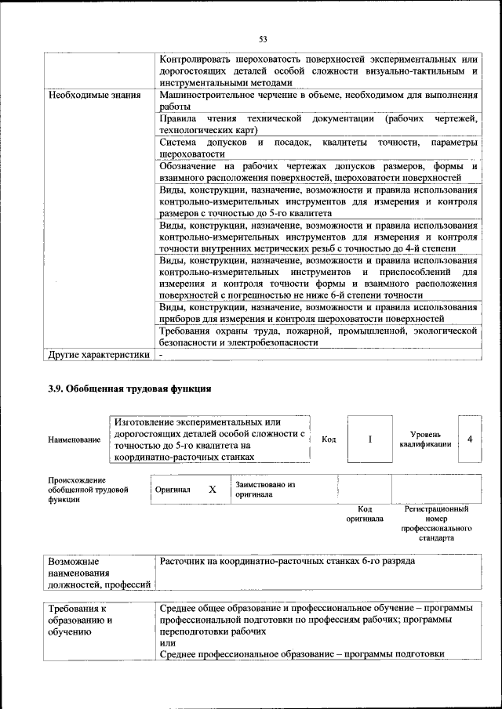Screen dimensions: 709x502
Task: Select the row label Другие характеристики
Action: [x=98, y=354]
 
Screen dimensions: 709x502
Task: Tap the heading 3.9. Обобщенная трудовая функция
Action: [x=129, y=388]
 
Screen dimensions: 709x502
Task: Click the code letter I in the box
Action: [x=369, y=439]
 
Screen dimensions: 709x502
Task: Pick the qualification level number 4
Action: [x=469, y=439]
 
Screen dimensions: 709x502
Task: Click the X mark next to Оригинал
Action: [x=212, y=489]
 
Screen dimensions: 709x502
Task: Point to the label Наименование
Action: [x=74, y=440]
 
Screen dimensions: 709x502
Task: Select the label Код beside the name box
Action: [x=329, y=440]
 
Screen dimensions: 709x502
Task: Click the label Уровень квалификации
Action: [x=431, y=439]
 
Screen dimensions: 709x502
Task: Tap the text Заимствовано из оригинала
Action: [x=264, y=490]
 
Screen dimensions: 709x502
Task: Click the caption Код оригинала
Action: [x=365, y=514]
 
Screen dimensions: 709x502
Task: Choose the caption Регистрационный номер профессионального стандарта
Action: [x=436, y=523]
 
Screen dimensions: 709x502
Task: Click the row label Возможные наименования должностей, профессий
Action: [x=98, y=573]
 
